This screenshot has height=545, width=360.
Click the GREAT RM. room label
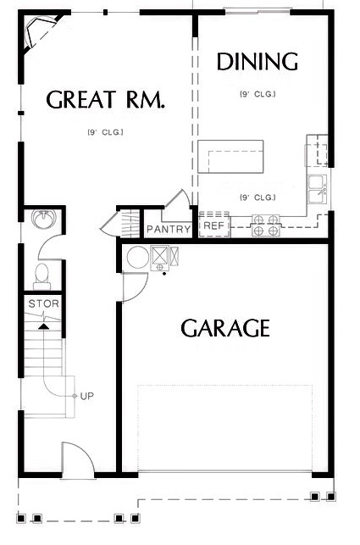pyautogui.click(x=105, y=98)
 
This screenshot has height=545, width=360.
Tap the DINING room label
pyautogui.click(x=258, y=62)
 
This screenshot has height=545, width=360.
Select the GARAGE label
pyautogui.click(x=225, y=328)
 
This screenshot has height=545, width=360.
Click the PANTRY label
pyautogui.click(x=169, y=229)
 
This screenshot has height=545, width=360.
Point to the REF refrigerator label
pyautogui.click(x=214, y=225)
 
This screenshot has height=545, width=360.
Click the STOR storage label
pyautogui.click(x=44, y=303)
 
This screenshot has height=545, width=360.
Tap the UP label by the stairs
pyautogui.click(x=87, y=396)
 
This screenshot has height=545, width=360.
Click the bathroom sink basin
pyautogui.click(x=43, y=219)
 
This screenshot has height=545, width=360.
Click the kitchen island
pyautogui.click(x=230, y=157)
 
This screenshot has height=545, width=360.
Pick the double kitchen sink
pyautogui.click(x=318, y=189)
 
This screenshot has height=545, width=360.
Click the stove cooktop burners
pyautogui.click(x=266, y=225)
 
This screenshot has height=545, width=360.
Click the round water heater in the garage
pyautogui.click(x=138, y=258)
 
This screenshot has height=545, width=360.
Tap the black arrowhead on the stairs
pyautogui.click(x=43, y=326)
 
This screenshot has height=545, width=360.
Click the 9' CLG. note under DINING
pyautogui.click(x=258, y=94)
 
